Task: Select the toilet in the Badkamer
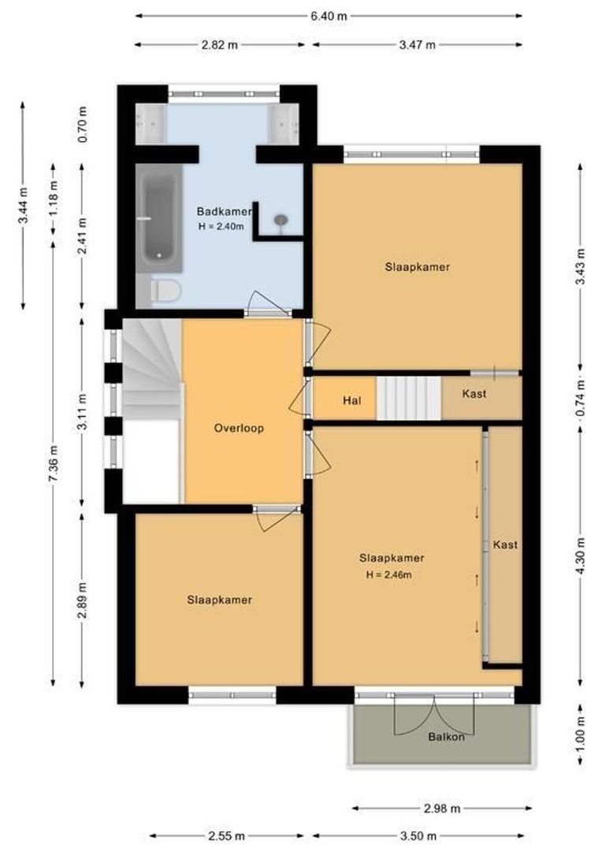pos(165,290)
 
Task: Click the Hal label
pos(351,401)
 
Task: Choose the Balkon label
pos(446,737)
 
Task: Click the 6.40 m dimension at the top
pos(329,16)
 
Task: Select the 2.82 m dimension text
pos(219,45)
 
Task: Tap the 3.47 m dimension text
pos(417,45)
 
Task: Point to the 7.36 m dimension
pos(54,463)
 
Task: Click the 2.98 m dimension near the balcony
pos(442,808)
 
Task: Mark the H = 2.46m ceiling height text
pos(388,575)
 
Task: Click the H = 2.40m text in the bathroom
pos(221,227)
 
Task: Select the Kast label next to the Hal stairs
pos(474,394)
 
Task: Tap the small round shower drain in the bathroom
pos(281,220)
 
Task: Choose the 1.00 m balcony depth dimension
pos(581,737)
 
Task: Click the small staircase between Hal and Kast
pos(409,399)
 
